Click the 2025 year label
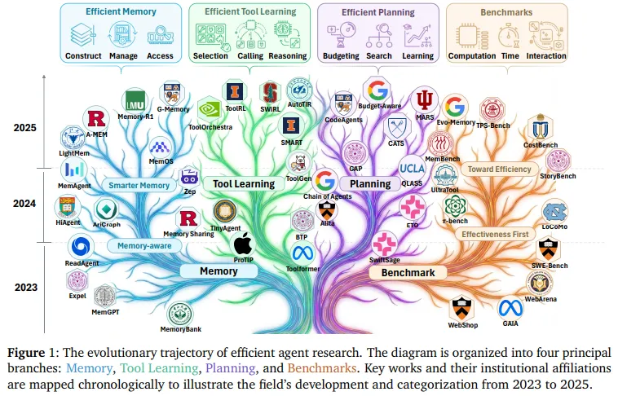[25, 128]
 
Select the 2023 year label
[25, 286]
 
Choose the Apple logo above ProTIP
[243, 243]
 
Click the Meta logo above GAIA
[510, 308]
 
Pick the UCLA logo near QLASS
[412, 169]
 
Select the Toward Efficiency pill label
[499, 169]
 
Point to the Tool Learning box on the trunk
[244, 184]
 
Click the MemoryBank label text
[181, 329]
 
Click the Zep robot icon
[189, 176]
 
